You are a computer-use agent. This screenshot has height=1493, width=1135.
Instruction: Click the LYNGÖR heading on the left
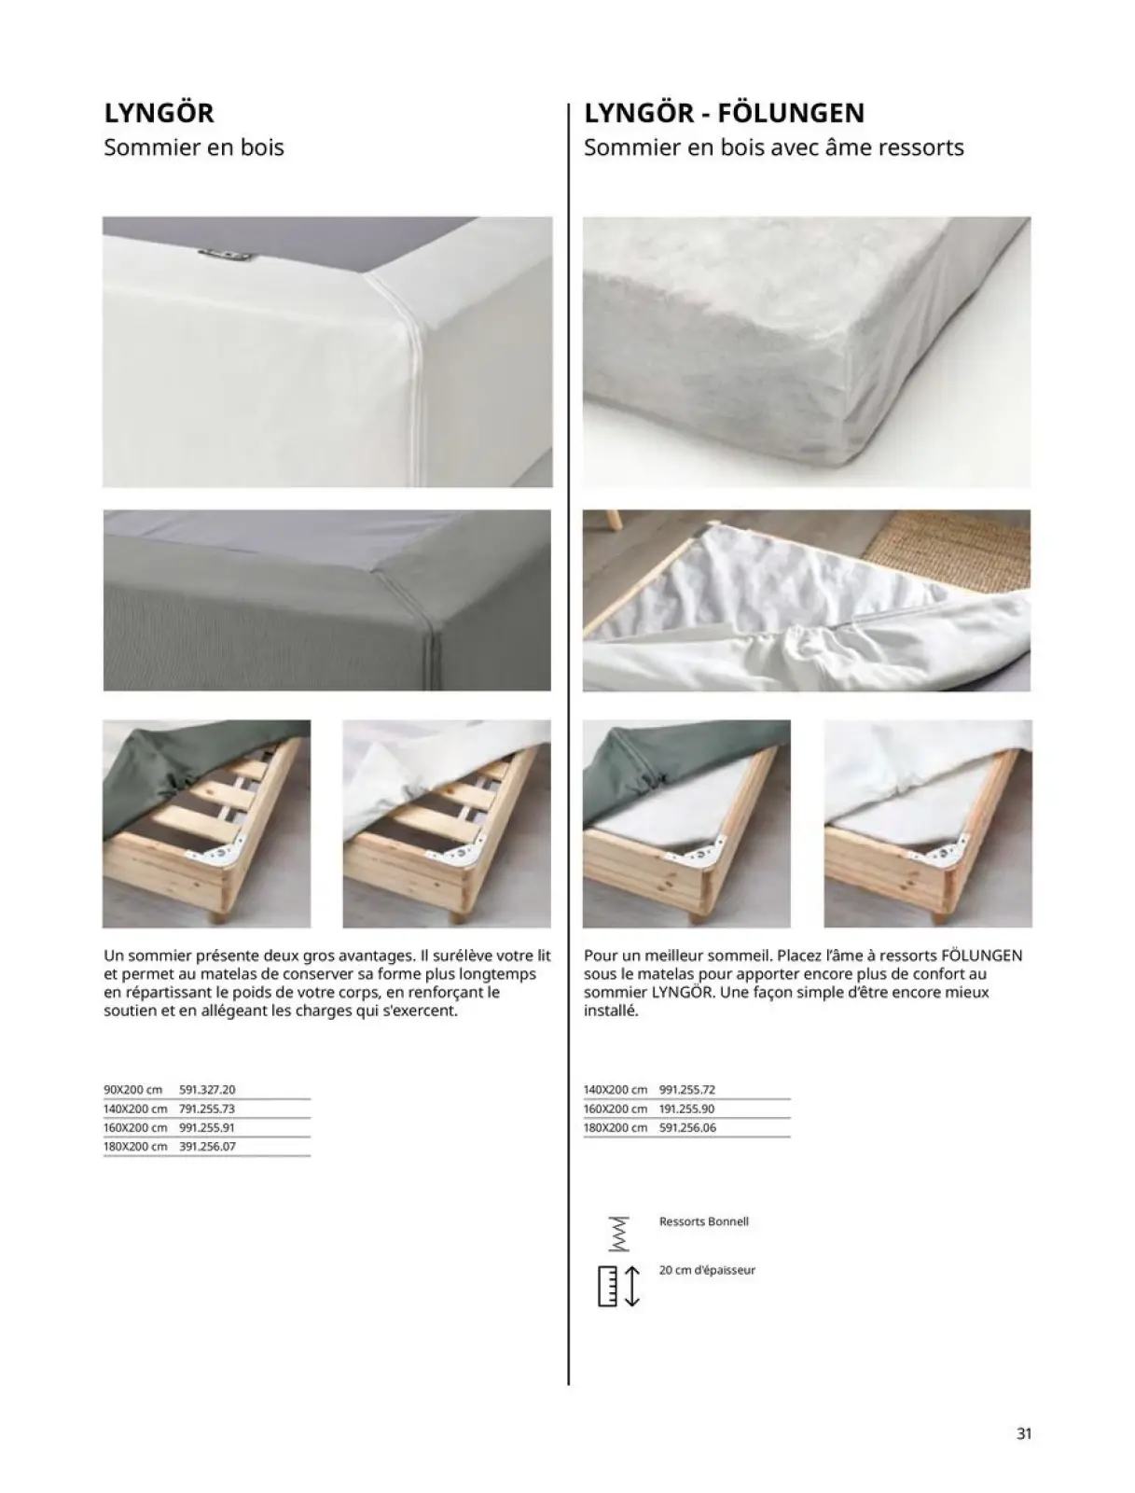[159, 113]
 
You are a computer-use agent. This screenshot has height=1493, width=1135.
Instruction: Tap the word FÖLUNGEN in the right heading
[793, 113]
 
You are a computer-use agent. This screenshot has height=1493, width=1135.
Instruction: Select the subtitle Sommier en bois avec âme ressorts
[773, 147]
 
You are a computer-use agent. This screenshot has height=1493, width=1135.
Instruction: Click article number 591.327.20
[207, 1090]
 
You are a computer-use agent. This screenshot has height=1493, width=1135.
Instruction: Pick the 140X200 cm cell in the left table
[135, 1109]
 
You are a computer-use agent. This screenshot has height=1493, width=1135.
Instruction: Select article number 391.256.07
[207, 1147]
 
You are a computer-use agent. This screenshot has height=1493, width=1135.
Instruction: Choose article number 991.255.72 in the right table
[687, 1090]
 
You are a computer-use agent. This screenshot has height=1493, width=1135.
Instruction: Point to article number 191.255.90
[687, 1109]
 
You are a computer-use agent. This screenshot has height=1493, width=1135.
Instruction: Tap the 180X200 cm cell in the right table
[616, 1128]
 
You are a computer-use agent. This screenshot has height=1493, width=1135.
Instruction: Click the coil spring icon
[616, 1234]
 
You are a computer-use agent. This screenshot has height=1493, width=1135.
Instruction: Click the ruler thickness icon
[617, 1286]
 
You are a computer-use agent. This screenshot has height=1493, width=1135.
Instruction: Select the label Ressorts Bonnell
[703, 1221]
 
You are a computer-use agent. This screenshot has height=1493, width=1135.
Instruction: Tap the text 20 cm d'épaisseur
[707, 1270]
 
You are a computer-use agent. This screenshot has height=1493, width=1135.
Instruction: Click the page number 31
[1023, 1434]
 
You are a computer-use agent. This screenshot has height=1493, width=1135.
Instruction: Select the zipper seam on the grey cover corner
[435, 627]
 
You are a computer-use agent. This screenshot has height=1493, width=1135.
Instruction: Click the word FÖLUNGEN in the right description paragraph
[982, 956]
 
